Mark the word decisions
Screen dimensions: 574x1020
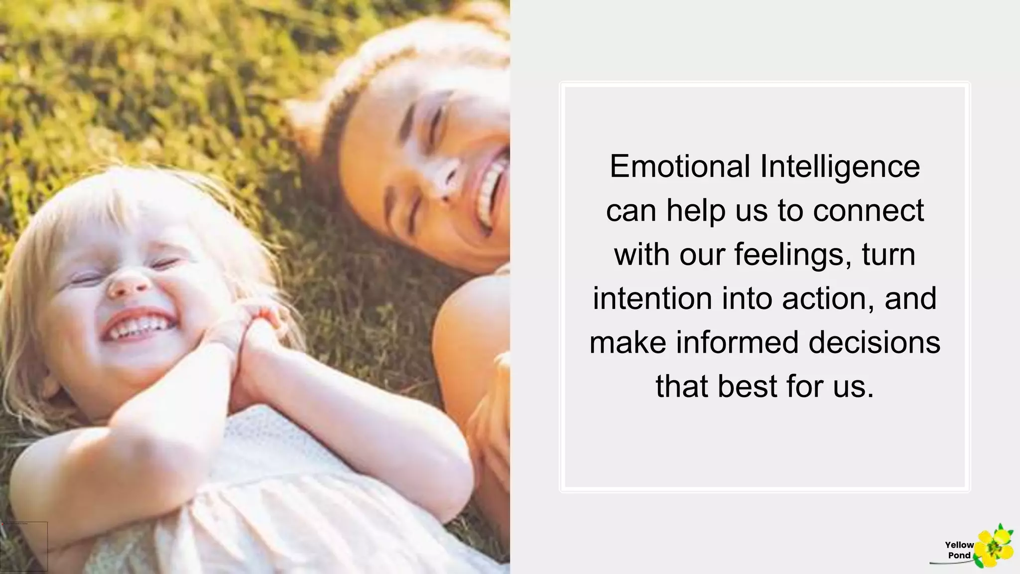click(x=874, y=343)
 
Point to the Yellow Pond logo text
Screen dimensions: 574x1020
click(x=959, y=550)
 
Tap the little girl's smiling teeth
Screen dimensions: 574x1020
click(x=137, y=326)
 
